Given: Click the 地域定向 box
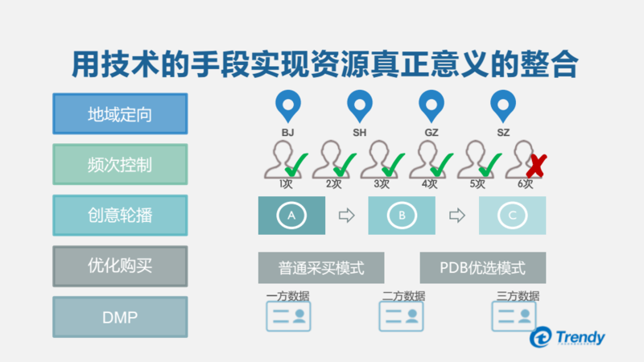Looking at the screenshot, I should (x=120, y=114).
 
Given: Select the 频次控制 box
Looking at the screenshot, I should (x=120, y=165).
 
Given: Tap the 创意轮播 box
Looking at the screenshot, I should (x=120, y=215).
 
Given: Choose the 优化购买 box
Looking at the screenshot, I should (x=120, y=266).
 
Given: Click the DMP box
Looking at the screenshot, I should (x=120, y=317).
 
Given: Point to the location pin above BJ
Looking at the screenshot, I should (x=287, y=105).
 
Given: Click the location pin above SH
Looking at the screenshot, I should (x=359, y=105).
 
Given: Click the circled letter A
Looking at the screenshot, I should (x=291, y=216).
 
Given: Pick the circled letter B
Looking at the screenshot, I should (x=401, y=216).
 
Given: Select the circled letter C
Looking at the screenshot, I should (x=512, y=216).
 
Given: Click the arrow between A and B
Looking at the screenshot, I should (x=346, y=216).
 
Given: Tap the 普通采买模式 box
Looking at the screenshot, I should (x=321, y=268).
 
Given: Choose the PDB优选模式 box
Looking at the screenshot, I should (x=482, y=268).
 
